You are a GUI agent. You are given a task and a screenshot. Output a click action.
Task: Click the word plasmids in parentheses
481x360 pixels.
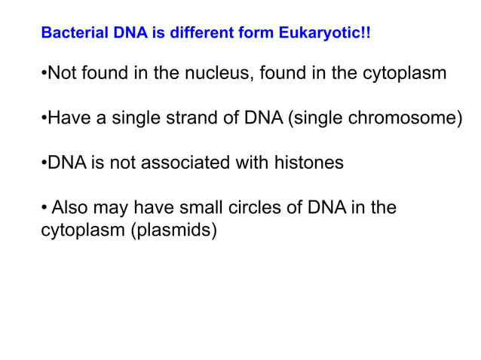point(174,230)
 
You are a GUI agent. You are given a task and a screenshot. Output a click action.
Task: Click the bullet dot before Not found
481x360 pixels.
point(43,75)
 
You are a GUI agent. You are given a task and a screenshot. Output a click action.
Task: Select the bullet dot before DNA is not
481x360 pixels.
point(43,163)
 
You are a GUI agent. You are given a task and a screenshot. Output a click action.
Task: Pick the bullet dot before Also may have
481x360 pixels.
point(43,207)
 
